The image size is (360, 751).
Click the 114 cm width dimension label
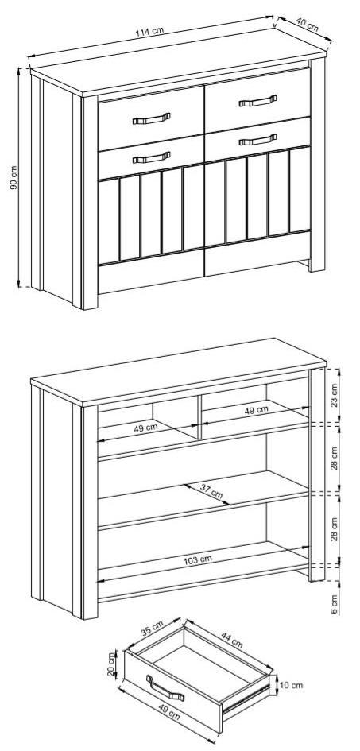click(149, 32)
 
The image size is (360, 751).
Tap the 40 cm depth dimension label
click(307, 25)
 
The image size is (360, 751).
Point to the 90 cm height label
click(14, 178)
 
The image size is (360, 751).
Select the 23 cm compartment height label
click(334, 395)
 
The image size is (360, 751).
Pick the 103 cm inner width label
click(198, 559)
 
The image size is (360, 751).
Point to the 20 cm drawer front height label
click(111, 665)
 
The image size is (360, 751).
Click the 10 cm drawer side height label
click(291, 685)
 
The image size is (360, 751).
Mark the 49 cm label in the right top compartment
click(256, 410)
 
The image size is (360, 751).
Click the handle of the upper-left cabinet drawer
click(151, 118)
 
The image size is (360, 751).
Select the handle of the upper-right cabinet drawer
click(257, 101)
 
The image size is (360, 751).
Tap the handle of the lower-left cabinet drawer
click(151, 157)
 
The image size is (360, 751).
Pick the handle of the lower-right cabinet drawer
click(257, 139)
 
